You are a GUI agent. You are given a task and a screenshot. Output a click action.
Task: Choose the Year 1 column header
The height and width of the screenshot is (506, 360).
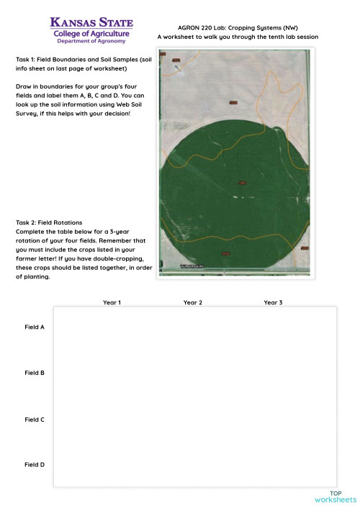pyautogui.click(x=112, y=302)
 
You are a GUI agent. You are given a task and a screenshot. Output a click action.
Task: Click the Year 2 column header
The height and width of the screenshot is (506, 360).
pyautogui.click(x=192, y=302)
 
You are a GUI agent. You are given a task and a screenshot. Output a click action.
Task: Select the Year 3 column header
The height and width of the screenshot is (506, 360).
pyautogui.click(x=273, y=302)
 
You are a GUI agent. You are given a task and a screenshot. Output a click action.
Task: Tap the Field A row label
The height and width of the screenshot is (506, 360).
pyautogui.click(x=35, y=327)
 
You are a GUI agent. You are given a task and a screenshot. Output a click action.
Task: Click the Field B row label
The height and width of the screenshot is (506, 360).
pyautogui.click(x=35, y=373)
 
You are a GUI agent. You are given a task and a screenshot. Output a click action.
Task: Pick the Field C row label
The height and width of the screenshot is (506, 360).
pyautogui.click(x=35, y=419)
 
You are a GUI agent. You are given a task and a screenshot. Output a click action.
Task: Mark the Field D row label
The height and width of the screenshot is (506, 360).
pyautogui.click(x=35, y=465)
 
